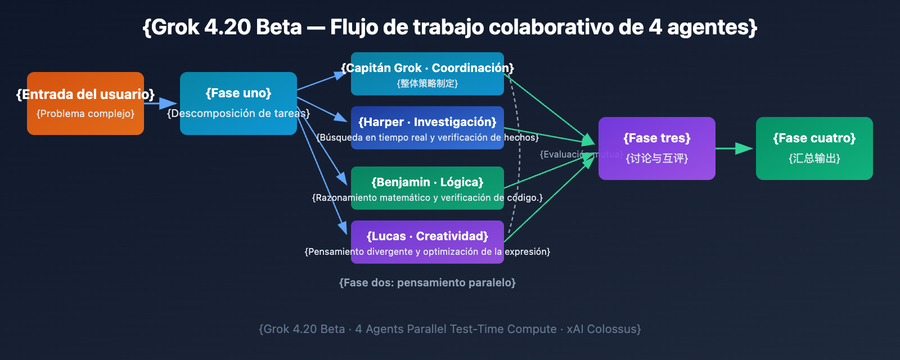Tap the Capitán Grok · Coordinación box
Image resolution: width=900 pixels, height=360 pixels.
coord(427,74)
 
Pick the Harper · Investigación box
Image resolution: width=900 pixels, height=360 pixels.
coord(427,128)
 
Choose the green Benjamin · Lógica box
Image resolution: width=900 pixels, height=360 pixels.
coord(427,188)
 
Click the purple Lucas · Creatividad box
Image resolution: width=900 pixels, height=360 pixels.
coord(427,242)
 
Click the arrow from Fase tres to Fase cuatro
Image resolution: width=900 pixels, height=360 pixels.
coord(734,148)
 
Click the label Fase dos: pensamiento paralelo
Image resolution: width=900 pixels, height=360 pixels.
coord(427,282)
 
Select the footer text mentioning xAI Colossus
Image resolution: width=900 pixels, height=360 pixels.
coord(449,329)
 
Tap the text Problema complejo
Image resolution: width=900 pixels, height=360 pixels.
coord(85,114)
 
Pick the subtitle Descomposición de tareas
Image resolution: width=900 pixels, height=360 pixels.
coord(238,114)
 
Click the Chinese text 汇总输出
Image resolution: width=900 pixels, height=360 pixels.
coord(814,159)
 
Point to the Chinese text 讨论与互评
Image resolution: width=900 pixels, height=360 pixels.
coord(657,159)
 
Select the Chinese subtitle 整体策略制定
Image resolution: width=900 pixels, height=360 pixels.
coord(427,84)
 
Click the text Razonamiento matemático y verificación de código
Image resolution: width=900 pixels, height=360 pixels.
coord(427,198)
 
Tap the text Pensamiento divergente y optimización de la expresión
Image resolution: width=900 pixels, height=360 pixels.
coord(427,252)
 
